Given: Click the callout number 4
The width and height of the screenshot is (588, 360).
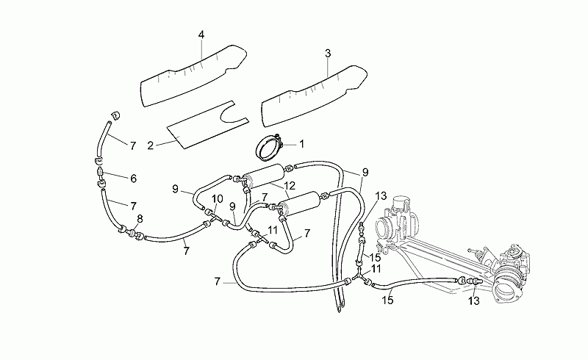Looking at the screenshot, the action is tap(201, 35).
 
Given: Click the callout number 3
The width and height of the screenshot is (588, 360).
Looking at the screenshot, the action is tap(328, 54).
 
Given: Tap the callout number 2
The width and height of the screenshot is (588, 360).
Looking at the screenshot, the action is tap(151, 145).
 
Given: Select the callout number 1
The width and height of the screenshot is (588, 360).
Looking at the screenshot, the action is tap(301, 144).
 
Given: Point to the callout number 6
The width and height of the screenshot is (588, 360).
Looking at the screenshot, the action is tap(134, 179).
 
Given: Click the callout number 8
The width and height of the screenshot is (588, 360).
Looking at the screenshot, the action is tap(140, 219).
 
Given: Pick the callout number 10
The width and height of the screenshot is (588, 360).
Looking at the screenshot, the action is tap(218, 199).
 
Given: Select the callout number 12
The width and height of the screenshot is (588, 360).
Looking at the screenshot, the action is tap(290, 185).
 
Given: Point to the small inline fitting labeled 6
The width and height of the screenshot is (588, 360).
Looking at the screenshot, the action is tap(101, 173).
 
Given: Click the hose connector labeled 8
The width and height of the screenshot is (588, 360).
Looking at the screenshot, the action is tap(131, 232).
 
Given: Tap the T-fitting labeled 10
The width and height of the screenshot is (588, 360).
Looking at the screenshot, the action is tap(215, 217).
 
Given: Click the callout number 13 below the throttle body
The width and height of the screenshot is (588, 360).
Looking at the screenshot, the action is tap(474, 300).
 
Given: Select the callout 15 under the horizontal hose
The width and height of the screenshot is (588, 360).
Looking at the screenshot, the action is tap(388, 300).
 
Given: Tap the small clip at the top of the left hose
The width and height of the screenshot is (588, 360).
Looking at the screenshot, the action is tap(115, 115).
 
